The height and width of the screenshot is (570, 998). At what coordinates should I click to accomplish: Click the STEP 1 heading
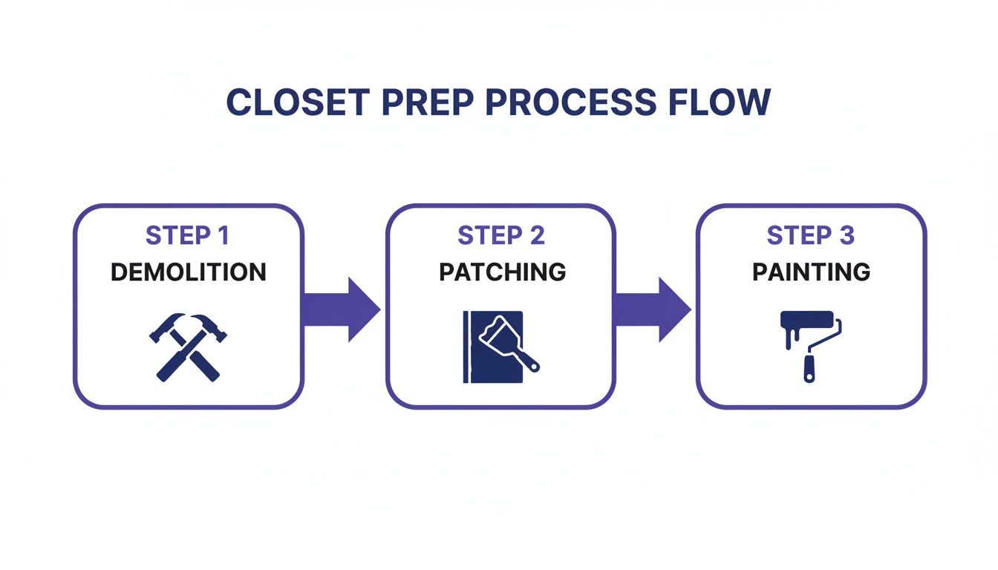(x=188, y=236)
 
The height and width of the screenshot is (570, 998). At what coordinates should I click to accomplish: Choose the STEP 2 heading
(x=501, y=236)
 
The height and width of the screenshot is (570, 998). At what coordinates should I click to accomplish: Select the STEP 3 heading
(x=811, y=236)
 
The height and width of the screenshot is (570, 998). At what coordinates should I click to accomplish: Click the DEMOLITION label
(x=188, y=272)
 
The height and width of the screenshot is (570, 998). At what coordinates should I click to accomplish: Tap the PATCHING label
(x=502, y=272)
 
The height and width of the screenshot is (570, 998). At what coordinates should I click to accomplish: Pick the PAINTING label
(x=811, y=272)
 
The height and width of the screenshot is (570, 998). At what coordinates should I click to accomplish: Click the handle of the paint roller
(x=809, y=368)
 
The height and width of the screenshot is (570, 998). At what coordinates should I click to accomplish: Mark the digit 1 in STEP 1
(x=223, y=236)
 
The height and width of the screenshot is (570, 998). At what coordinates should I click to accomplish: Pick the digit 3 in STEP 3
(x=847, y=236)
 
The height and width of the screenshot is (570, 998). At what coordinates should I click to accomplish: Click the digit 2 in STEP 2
(x=536, y=236)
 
